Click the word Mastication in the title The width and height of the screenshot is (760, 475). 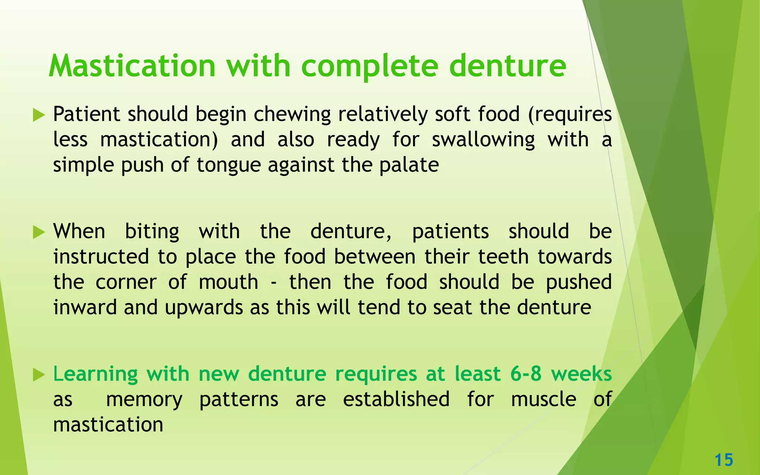(x=132, y=66)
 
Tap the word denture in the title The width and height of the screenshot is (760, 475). (x=507, y=66)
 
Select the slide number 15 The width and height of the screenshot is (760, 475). (x=724, y=460)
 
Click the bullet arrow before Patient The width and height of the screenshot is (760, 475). (x=38, y=115)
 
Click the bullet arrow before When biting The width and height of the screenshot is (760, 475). (x=38, y=232)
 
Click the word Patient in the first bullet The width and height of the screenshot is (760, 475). (x=86, y=114)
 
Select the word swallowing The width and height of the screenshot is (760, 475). (x=483, y=140)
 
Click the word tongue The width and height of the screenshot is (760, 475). (x=229, y=166)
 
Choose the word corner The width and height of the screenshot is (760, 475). (x=126, y=282)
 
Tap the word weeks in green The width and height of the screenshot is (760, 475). (x=581, y=374)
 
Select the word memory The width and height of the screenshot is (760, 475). (x=144, y=400)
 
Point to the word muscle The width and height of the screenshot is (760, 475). (x=543, y=399)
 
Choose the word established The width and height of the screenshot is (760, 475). (x=396, y=399)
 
